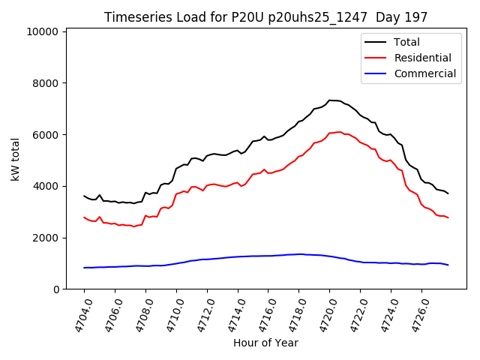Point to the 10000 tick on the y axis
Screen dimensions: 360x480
click(x=43, y=31)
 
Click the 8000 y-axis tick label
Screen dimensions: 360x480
click(x=46, y=83)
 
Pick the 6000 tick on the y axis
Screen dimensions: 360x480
click(x=46, y=135)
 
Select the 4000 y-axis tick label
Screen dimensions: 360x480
click(x=46, y=186)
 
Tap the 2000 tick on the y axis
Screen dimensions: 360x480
click(x=46, y=238)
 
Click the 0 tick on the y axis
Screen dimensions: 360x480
click(x=55, y=289)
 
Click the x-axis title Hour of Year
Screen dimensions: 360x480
click(x=265, y=343)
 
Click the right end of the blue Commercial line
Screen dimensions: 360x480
click(x=448, y=265)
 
